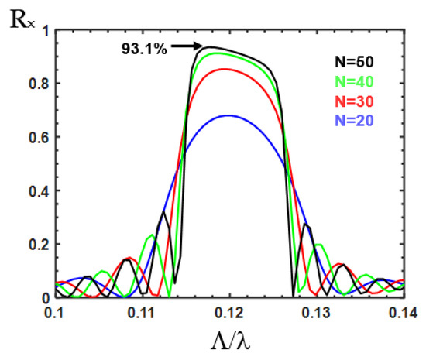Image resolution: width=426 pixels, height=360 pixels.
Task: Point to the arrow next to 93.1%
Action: (187, 46)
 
